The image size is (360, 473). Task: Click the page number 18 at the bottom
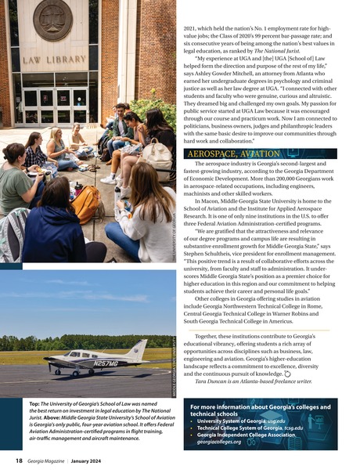pos(18,461)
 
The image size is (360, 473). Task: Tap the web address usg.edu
pos(289,421)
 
